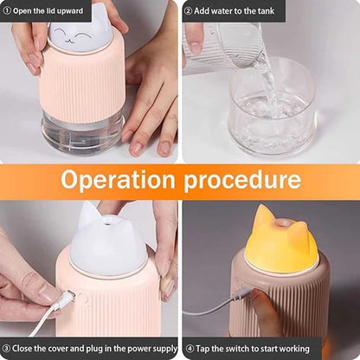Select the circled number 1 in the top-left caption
(8, 10)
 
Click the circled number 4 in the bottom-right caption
(189, 349)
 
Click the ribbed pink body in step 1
(82, 87)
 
